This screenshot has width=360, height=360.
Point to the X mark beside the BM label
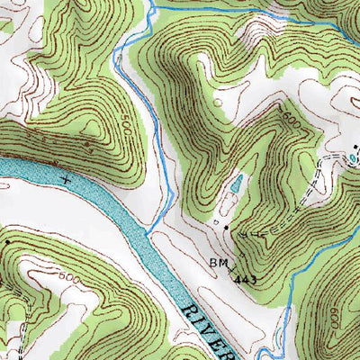point(232,266)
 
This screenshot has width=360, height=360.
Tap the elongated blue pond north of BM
point(235,184)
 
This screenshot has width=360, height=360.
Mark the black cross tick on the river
point(65,180)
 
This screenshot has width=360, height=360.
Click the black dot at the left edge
point(7,241)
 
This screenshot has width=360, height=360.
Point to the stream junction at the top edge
point(151,8)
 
